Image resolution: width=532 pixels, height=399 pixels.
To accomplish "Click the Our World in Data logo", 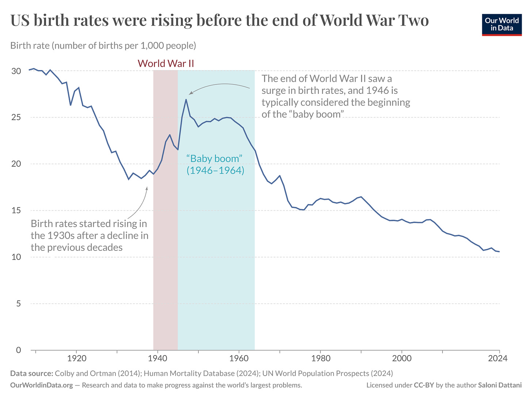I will pos(502,24).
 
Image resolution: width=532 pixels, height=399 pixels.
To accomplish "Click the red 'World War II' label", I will pos(166,64).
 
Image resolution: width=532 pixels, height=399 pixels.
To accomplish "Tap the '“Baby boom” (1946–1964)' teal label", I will pos(215,164).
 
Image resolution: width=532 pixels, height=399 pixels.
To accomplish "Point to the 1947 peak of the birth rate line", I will pos(186,99).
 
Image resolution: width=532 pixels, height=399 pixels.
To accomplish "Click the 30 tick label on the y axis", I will pos(16,71).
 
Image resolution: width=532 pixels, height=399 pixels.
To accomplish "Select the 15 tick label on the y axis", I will pos(16,211).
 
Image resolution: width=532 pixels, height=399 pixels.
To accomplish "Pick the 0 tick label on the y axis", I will pos(18,350).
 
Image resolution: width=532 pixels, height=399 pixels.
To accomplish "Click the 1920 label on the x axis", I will pos(76,358).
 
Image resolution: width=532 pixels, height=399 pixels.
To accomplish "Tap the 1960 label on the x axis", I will pos(239,358).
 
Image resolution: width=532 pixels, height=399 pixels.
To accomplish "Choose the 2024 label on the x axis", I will pos(498,358).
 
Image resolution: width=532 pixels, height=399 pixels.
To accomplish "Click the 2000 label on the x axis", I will pos(402,358).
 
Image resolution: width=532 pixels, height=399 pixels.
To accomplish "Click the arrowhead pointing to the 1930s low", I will pos(147,188).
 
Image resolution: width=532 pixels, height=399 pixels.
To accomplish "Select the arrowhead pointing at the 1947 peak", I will pos(190,94).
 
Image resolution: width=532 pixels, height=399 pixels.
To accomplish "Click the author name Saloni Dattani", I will pos(499,385).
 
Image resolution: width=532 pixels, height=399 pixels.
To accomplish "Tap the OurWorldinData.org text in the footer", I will pos(42,385).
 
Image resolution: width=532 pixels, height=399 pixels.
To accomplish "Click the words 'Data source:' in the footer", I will pos(31,373).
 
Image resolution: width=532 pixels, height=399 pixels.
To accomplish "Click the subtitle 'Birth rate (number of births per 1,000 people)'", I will pos(103,46).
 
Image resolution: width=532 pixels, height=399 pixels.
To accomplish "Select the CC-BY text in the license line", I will pos(423,385).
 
